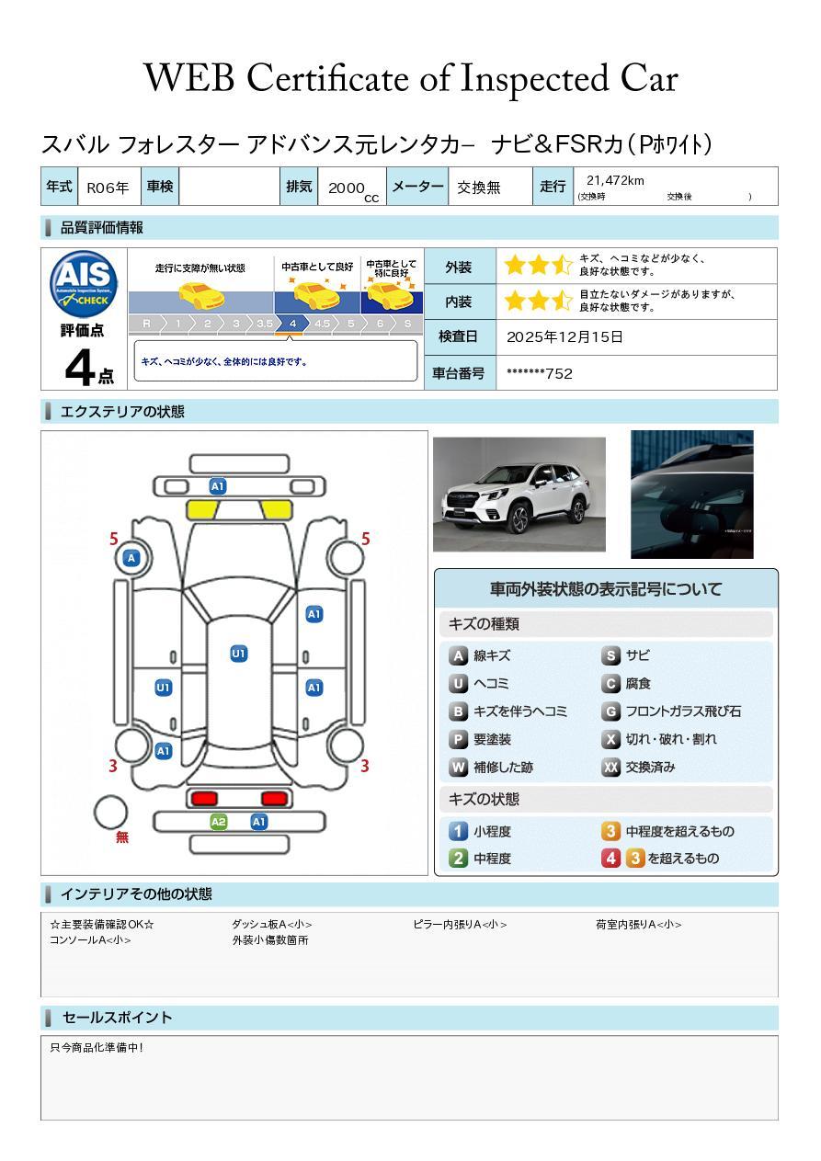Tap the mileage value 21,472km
(615, 181)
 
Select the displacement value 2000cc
(352, 188)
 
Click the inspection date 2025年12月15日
(564, 337)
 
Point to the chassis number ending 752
(540, 373)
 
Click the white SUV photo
(519, 495)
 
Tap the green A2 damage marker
(219, 822)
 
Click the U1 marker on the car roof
(239, 654)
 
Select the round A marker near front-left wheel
(131, 558)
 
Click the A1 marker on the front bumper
(218, 486)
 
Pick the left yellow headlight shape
(202, 510)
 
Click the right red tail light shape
(274, 798)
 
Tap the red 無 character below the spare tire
(122, 837)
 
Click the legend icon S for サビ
(610, 656)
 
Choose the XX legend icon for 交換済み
(610, 768)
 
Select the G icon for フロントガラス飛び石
(610, 711)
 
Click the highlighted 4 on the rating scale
(292, 324)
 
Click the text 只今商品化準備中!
(97, 1048)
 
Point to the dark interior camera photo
(691, 495)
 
